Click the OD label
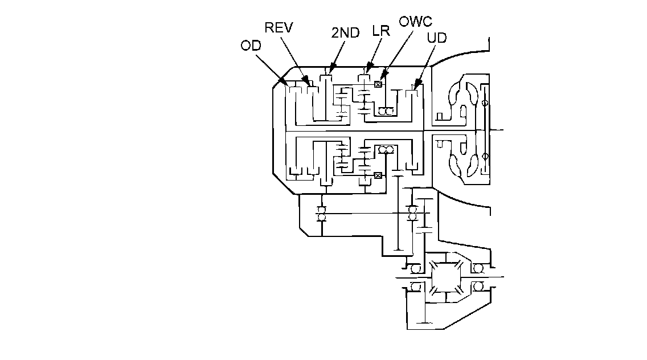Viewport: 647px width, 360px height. pos(251,46)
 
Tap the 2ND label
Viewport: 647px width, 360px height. pos(345,32)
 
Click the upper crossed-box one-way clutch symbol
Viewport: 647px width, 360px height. pos(378,84)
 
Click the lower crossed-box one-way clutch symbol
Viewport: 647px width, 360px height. pos(378,175)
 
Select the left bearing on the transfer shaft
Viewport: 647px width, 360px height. pos(321,214)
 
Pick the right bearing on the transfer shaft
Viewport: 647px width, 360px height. pos(412,214)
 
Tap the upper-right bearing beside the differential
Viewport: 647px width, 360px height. pos(477,268)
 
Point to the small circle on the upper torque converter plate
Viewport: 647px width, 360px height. pos(485,104)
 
